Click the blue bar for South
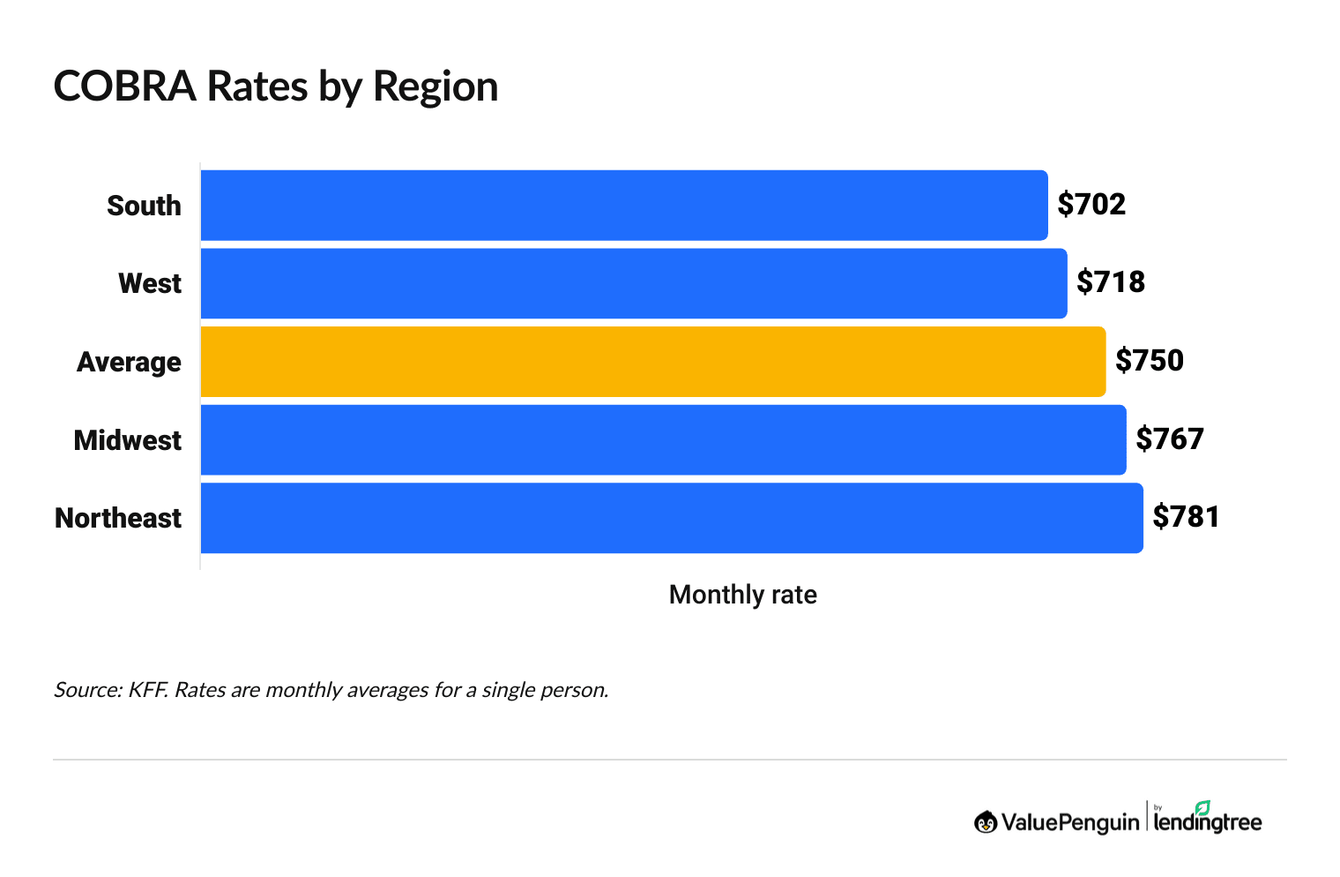(624, 206)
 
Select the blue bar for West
(634, 283)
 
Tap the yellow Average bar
(653, 362)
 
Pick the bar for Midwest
(663, 439)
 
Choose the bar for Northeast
(672, 518)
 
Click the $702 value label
(1091, 205)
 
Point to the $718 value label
(1111, 282)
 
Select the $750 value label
(1150, 361)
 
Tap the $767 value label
(1170, 438)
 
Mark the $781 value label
(1187, 517)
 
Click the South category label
(144, 206)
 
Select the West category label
(150, 283)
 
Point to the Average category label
(129, 362)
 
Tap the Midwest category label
(128, 440)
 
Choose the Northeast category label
(118, 518)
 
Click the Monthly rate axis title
(742, 595)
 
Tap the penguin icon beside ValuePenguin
(986, 822)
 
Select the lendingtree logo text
(1208, 821)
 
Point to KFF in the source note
(147, 690)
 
